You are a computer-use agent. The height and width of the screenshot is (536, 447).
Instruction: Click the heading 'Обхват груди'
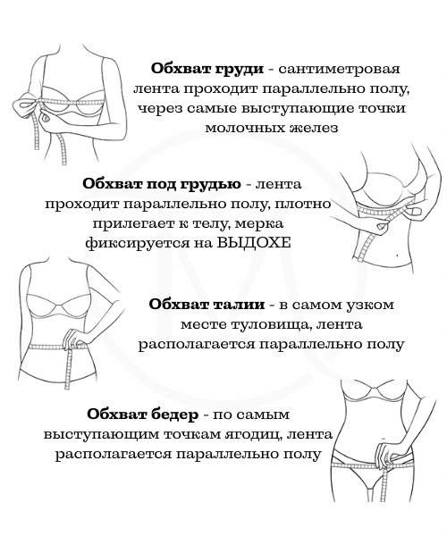pyautogui.click(x=207, y=70)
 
